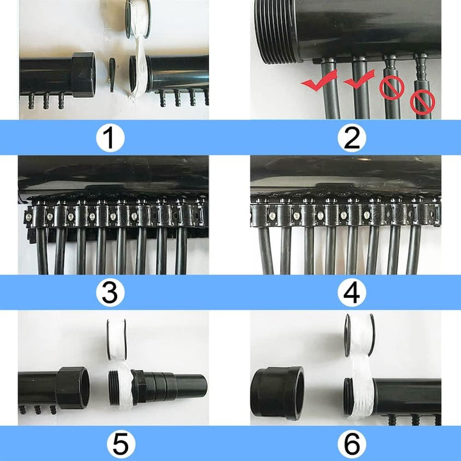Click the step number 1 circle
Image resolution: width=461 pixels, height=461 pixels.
110,138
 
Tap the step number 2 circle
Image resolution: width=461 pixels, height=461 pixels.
352,138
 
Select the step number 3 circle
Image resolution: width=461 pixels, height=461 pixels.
110,293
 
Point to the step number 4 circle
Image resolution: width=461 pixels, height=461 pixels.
352,293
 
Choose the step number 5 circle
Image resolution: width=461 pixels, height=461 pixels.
121,444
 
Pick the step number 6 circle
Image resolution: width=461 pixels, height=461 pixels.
352,444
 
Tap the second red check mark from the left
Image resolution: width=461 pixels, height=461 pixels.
359,79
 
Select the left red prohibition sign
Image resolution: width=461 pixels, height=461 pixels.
392,87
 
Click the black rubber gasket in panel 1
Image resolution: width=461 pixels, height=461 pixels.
112,75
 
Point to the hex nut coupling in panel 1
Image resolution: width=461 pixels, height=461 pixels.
83,75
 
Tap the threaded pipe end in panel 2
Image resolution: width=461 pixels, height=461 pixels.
276,31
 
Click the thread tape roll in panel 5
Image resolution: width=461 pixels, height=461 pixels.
117,339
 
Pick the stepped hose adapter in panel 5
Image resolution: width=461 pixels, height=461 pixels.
170,387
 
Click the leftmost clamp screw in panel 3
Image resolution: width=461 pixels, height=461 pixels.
29,217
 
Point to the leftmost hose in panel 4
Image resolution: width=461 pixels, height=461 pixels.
266,250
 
